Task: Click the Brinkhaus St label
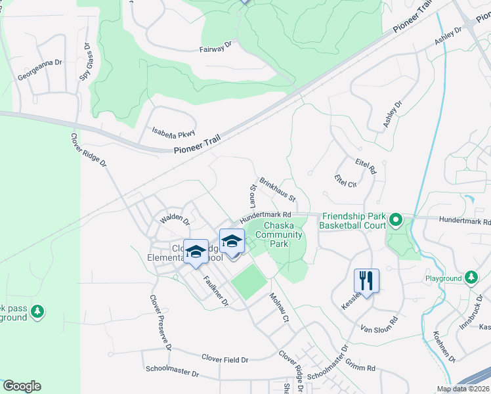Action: (278, 188)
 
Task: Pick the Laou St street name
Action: (252, 196)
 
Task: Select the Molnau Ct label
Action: (279, 307)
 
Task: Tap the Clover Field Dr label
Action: (225, 359)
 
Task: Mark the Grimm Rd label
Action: (362, 368)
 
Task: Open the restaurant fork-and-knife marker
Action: (367, 280)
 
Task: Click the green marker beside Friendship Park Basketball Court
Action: (396, 220)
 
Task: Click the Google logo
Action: (22, 386)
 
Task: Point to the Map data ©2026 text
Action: (463, 389)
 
